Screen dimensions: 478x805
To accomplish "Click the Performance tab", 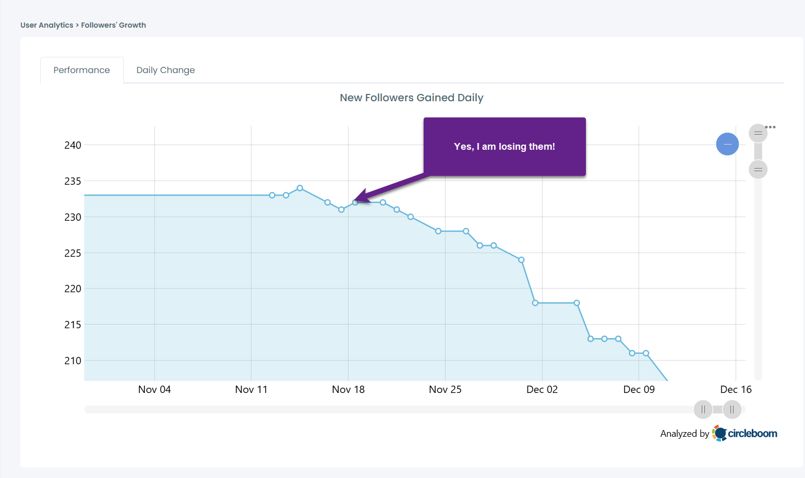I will (x=82, y=70).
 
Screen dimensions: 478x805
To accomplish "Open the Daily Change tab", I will (x=165, y=70).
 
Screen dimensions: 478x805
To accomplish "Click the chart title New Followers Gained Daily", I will (x=411, y=98).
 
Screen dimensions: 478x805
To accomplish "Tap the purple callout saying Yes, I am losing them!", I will (x=504, y=147).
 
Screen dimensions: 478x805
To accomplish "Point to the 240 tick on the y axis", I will (x=73, y=145).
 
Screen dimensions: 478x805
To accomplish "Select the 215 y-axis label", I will (x=73, y=325).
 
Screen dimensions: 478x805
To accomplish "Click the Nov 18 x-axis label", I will (x=348, y=389).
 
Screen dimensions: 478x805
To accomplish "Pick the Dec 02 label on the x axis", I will (x=542, y=389).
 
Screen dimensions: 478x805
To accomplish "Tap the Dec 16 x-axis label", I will (x=736, y=389).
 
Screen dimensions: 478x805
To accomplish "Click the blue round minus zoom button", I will (x=727, y=144).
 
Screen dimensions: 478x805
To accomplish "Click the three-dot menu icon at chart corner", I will (x=771, y=127).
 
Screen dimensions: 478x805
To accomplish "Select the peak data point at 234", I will (x=300, y=188).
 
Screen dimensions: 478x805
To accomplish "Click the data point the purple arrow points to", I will (x=355, y=202).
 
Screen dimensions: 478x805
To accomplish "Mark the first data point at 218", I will (x=535, y=303).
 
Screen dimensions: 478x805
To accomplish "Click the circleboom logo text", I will (x=752, y=433).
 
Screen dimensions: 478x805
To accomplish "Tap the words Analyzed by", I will (x=684, y=434).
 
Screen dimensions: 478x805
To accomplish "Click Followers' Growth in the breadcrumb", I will (x=113, y=25).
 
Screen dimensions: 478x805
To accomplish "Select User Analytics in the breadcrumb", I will (x=47, y=25).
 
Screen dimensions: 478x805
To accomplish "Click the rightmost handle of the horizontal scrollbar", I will (x=732, y=410).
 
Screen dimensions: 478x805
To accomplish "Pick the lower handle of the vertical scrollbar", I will (x=758, y=170).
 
